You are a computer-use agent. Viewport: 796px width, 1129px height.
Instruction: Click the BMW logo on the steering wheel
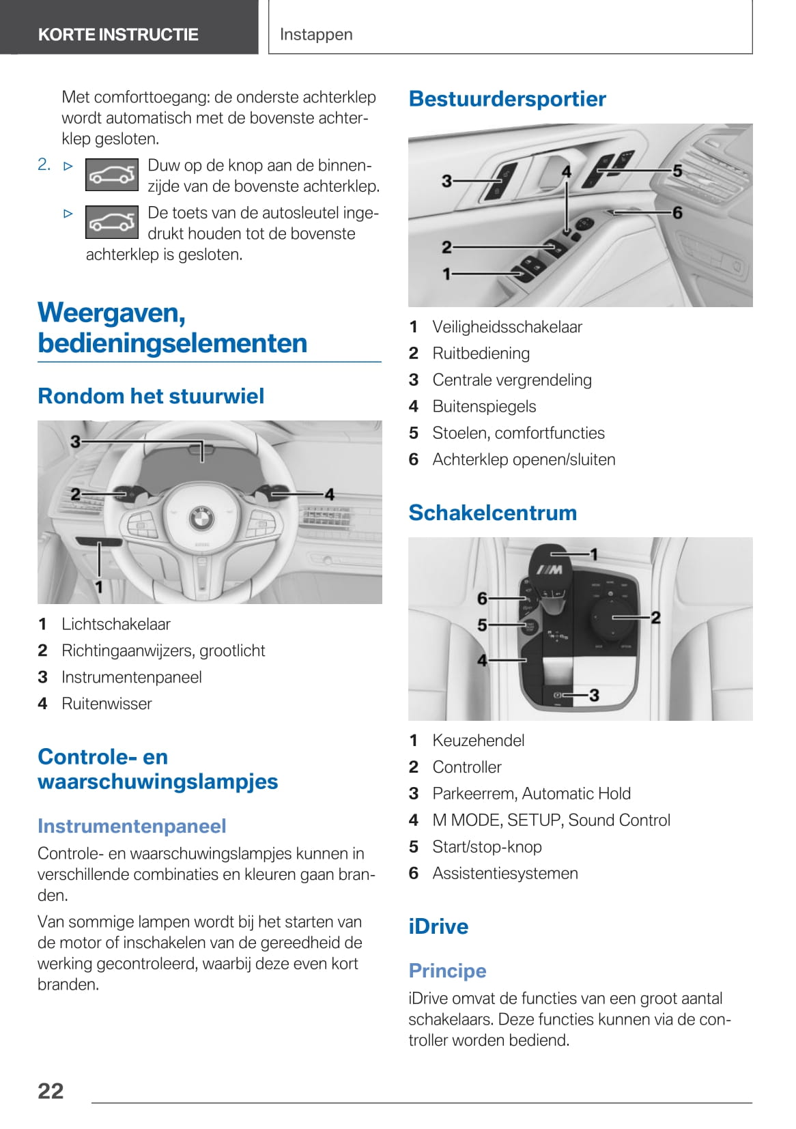(x=201, y=519)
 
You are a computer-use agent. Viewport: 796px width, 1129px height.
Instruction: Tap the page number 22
(x=51, y=1091)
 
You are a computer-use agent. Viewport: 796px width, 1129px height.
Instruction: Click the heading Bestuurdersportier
(x=507, y=98)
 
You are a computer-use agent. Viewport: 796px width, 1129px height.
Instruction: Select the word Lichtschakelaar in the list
(x=115, y=624)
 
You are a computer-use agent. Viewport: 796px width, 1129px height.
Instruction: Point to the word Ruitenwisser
(x=106, y=704)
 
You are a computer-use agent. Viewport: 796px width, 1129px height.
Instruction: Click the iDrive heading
(x=438, y=926)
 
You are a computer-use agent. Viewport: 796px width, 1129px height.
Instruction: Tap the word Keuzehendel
(x=478, y=741)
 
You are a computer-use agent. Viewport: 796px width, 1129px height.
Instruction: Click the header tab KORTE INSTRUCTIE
(x=118, y=34)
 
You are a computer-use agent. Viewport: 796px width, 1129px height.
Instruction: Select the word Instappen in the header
(x=316, y=34)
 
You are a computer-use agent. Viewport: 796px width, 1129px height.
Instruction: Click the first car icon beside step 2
(x=112, y=175)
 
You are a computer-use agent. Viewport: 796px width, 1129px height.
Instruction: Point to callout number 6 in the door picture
(x=677, y=213)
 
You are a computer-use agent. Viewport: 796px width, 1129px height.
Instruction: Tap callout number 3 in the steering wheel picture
(x=76, y=442)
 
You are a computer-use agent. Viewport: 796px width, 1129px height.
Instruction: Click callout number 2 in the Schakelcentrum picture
(x=655, y=618)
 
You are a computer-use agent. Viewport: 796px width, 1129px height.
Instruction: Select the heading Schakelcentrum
(x=492, y=513)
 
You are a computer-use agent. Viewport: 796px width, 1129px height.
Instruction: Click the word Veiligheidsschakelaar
(x=507, y=327)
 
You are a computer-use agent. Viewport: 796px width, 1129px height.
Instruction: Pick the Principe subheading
(x=447, y=971)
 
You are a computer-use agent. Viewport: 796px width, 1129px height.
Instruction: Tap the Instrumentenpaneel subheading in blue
(x=132, y=826)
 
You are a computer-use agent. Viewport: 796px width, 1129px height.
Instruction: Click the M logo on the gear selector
(x=549, y=570)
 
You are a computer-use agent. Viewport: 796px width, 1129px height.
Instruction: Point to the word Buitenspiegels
(x=484, y=407)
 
